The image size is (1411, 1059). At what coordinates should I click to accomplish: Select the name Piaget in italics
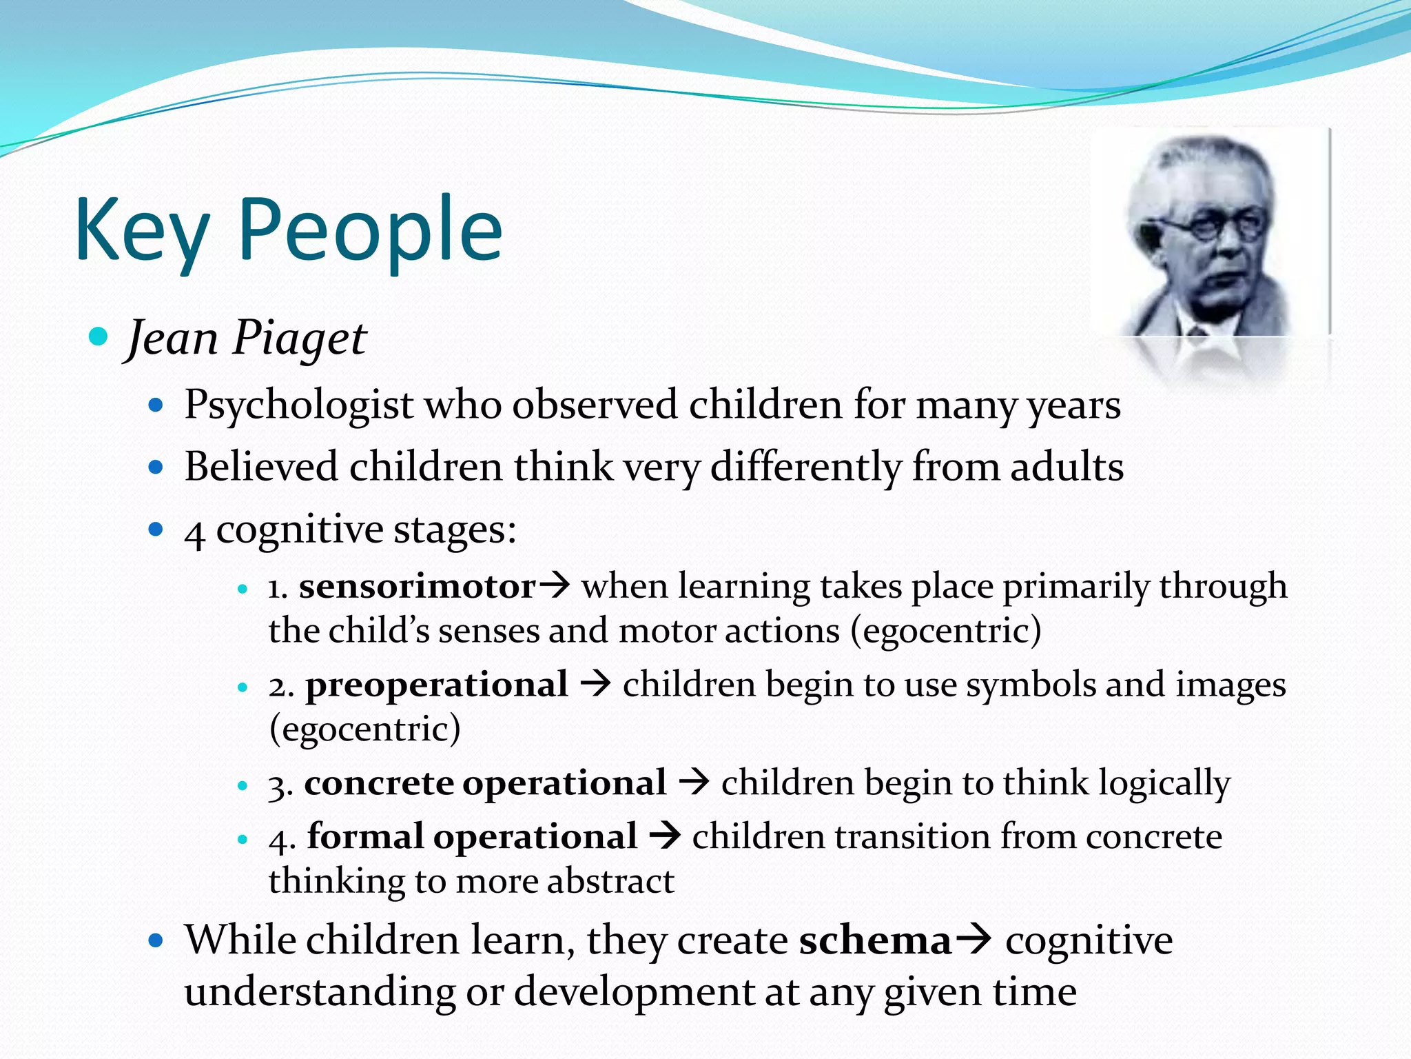pos(299,339)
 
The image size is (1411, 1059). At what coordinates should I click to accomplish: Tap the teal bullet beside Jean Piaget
pos(99,337)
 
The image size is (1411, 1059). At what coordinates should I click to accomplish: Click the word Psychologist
pos(298,405)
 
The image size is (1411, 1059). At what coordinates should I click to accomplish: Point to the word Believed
pos(260,467)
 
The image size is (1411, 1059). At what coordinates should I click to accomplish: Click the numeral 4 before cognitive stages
pos(194,533)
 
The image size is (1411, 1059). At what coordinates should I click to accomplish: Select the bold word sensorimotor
pos(417,587)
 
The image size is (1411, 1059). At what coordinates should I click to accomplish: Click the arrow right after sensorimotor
pos(555,586)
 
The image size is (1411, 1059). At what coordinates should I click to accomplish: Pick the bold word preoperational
pos(437,685)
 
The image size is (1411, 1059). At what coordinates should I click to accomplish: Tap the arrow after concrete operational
pos(694,783)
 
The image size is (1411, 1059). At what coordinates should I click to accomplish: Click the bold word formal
pos(365,836)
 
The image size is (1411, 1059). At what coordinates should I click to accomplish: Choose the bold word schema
pos(875,940)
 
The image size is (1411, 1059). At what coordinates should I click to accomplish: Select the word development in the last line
pos(635,992)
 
